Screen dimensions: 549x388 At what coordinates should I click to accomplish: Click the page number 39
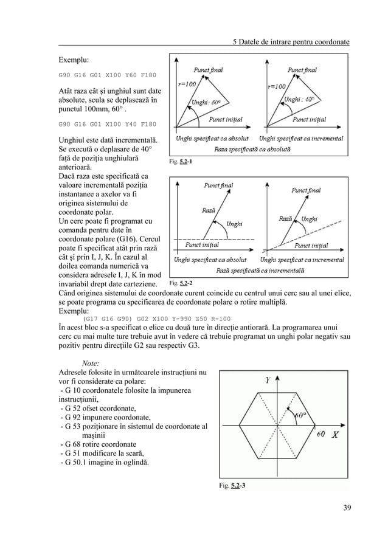click(x=347, y=508)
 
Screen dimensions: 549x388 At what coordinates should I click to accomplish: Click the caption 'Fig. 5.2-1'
click(x=182, y=162)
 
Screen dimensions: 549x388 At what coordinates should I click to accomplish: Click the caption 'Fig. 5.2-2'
click(x=182, y=283)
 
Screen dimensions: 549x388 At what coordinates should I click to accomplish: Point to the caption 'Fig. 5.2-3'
click(x=233, y=485)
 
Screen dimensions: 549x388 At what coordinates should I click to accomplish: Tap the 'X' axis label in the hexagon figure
click(x=335, y=435)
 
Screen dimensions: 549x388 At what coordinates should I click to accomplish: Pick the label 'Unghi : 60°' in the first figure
click(x=207, y=102)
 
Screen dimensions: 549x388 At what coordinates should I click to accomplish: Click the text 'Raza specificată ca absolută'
click(x=254, y=148)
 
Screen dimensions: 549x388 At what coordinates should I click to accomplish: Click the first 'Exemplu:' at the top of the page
click(x=74, y=61)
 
